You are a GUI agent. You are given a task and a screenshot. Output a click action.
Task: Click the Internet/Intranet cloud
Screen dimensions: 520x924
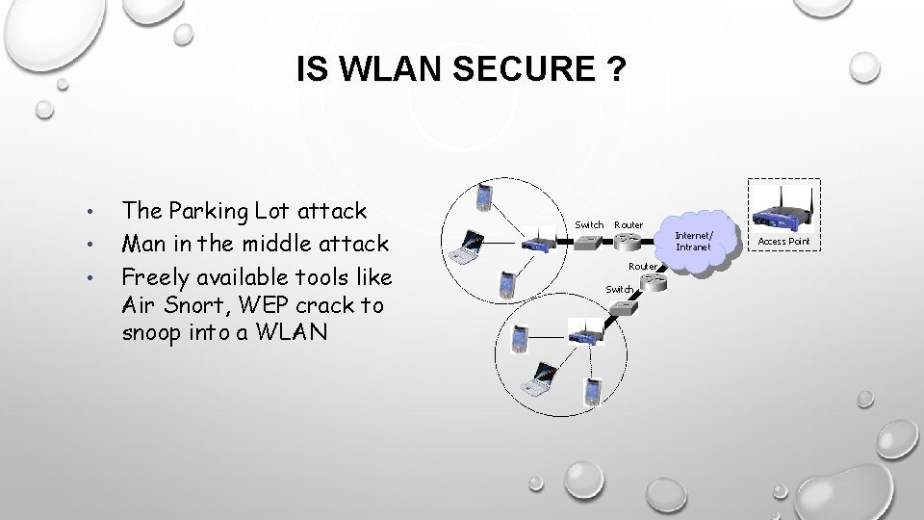693,241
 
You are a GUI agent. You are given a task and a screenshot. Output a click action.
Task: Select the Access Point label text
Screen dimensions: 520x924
784,240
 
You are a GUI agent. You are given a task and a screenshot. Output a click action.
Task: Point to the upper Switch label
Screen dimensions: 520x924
589,224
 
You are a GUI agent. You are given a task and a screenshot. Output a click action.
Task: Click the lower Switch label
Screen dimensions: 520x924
619,289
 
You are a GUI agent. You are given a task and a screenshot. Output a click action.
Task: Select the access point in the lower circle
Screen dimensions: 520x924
586,336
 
